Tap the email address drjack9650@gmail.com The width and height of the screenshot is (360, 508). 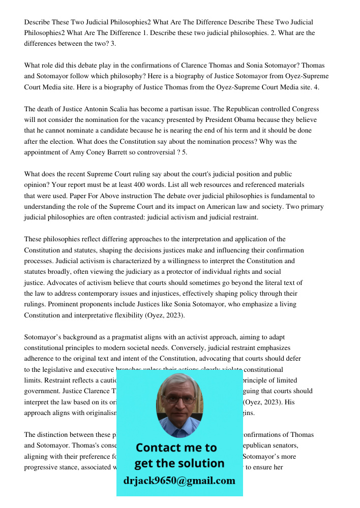(x=179, y=481)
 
